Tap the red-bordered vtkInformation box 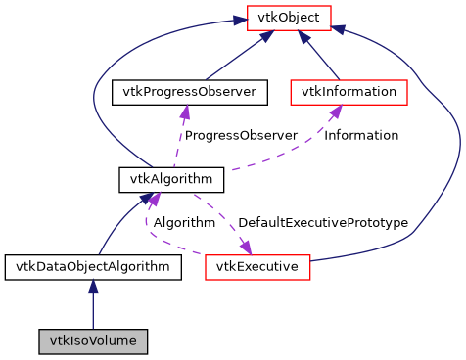[x=349, y=92]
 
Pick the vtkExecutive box [x=257, y=266]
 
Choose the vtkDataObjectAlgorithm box [x=92, y=266]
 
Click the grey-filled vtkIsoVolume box [x=93, y=341]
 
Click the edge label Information [x=361, y=135]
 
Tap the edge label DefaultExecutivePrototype [x=322, y=222]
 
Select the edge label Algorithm [x=183, y=222]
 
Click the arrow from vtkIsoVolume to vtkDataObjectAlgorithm [x=93, y=303]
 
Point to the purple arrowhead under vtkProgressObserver [x=184, y=112]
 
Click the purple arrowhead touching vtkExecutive [x=245, y=246]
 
